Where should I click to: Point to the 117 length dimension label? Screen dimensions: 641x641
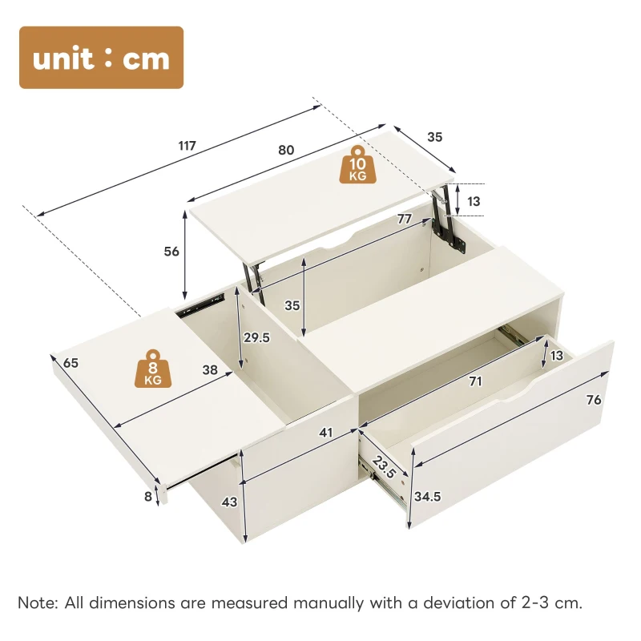pyautogui.click(x=187, y=146)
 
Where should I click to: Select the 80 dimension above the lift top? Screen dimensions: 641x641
pyautogui.click(x=286, y=150)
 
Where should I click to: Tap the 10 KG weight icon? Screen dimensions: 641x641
pyautogui.click(x=357, y=166)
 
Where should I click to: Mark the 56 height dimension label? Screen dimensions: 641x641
pyautogui.click(x=171, y=251)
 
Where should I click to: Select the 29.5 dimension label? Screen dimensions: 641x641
pyautogui.click(x=257, y=337)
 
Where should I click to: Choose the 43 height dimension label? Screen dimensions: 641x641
pyautogui.click(x=229, y=502)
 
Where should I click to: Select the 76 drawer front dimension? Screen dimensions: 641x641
pyautogui.click(x=595, y=399)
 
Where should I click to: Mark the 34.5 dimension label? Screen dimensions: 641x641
pyautogui.click(x=428, y=496)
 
